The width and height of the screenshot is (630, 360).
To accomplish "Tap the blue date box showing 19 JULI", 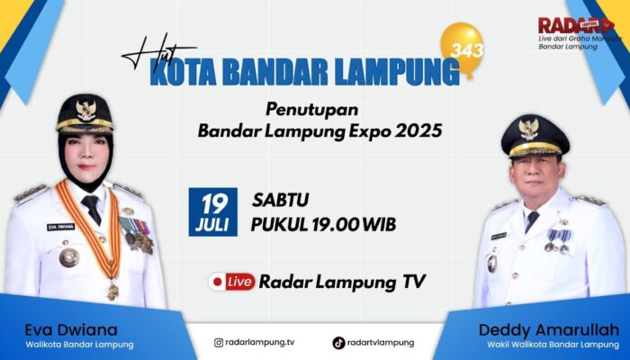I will tap(213, 211).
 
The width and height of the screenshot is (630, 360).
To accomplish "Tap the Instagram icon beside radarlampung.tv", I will tap(218, 342).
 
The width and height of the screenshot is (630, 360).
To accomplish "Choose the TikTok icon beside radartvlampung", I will tap(338, 342).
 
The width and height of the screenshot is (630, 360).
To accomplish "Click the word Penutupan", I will tap(307, 109).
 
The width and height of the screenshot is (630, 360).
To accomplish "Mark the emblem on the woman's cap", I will tap(85, 111).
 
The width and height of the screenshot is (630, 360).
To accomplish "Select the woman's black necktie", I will tap(91, 209).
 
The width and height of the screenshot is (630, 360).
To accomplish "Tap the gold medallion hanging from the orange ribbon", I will tap(112, 291).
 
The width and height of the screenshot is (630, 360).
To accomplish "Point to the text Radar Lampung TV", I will tap(341, 282).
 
